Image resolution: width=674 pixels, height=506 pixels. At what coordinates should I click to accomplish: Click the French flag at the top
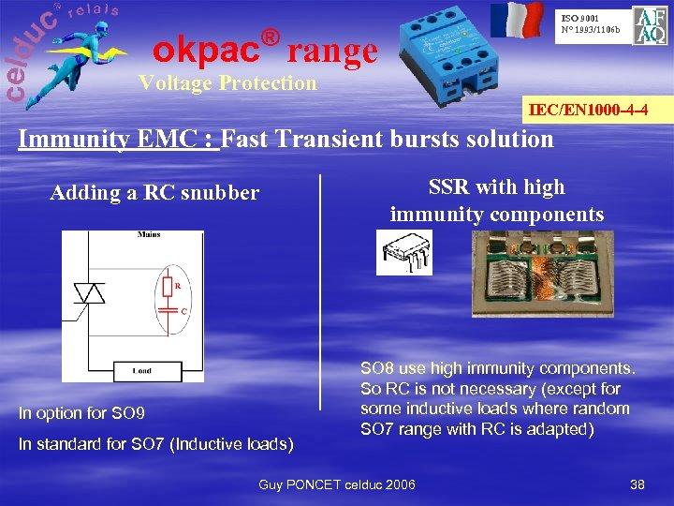click(517, 22)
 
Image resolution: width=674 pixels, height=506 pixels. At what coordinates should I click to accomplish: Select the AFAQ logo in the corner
click(650, 26)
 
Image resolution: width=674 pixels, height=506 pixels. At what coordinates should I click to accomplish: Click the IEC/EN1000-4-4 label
click(588, 112)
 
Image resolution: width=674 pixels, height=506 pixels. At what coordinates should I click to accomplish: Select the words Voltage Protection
click(227, 82)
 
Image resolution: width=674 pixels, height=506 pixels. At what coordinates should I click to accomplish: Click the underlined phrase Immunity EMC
click(118, 140)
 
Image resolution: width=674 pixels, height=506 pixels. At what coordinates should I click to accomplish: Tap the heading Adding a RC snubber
click(154, 193)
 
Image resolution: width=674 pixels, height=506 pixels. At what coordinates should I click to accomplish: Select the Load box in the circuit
click(143, 370)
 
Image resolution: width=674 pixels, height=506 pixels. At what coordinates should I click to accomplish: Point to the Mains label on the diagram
click(148, 235)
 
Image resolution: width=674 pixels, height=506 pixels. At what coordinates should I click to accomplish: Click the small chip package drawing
click(405, 254)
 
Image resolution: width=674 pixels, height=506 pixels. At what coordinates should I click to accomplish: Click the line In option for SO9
click(82, 413)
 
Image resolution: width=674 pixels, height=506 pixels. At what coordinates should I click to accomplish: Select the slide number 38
click(637, 484)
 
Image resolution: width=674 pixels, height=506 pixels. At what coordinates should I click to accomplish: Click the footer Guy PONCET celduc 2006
click(337, 484)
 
